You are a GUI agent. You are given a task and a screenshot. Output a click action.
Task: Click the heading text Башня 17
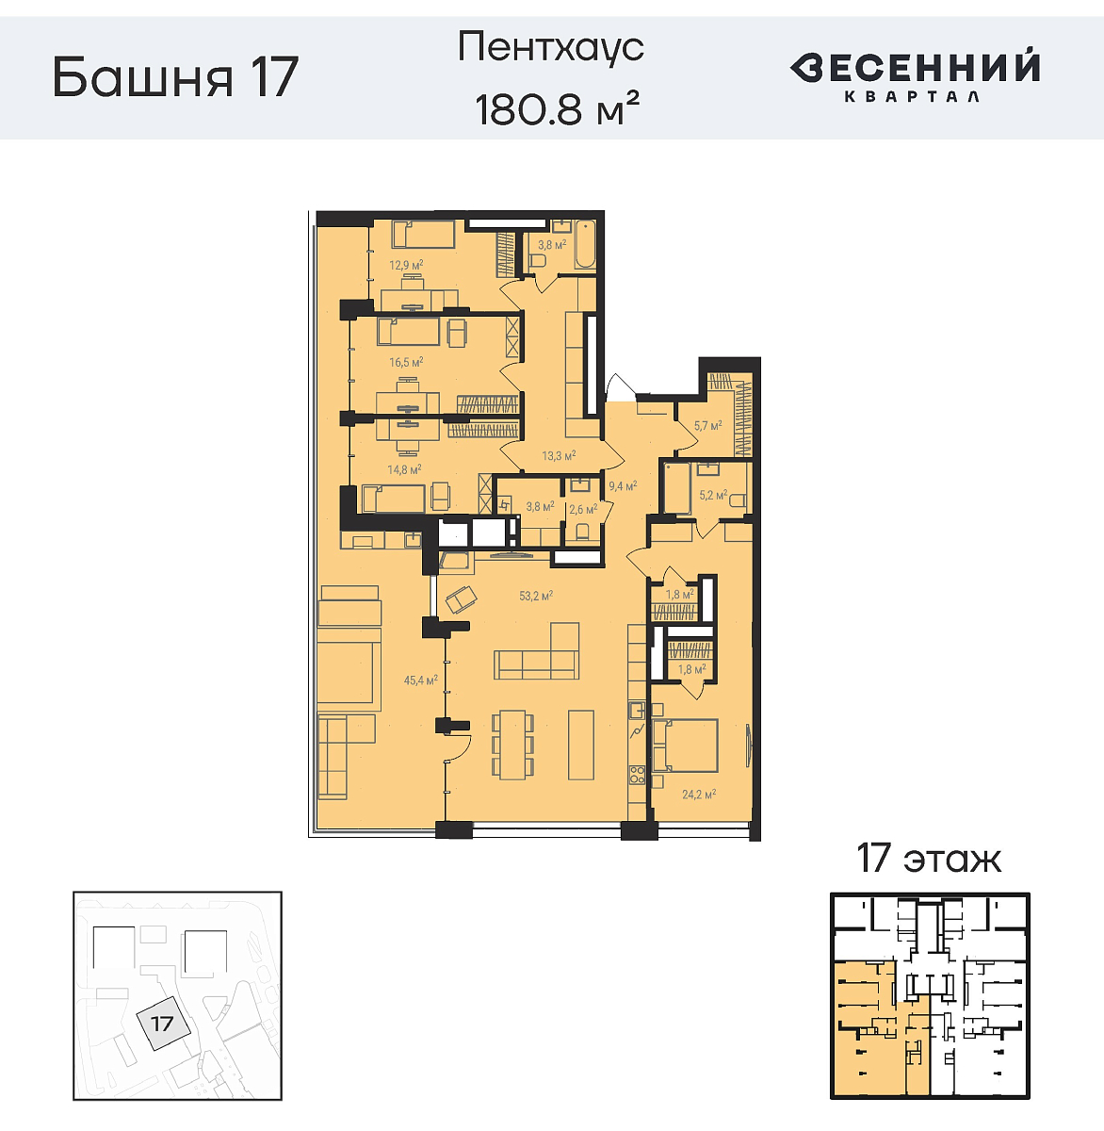click(x=175, y=77)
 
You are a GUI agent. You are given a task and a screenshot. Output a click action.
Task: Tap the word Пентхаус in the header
click(x=551, y=47)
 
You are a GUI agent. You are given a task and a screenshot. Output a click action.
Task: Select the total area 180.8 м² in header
click(x=558, y=109)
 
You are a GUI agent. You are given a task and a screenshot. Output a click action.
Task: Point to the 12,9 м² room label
click(x=406, y=266)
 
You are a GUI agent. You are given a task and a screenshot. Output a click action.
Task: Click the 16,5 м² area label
click(x=406, y=362)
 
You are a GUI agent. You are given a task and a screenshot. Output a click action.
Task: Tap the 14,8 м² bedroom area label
click(x=404, y=468)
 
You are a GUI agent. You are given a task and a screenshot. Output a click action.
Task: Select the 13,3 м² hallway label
click(x=559, y=456)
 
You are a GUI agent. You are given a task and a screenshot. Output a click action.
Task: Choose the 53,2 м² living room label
click(x=535, y=596)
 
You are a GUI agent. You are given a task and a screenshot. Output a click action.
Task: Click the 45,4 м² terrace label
click(x=420, y=680)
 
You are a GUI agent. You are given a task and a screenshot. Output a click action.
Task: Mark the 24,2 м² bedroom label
click(x=699, y=795)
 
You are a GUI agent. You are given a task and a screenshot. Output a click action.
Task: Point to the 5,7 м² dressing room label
click(x=707, y=426)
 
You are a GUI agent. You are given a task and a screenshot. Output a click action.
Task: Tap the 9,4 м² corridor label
click(x=623, y=486)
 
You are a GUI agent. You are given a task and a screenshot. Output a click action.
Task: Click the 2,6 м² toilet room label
click(x=582, y=510)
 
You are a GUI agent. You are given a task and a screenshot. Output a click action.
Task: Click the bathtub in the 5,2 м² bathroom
click(x=677, y=487)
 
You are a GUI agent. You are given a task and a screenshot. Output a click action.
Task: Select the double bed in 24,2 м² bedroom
click(x=687, y=746)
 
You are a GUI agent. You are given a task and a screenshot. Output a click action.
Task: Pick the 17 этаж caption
click(x=928, y=859)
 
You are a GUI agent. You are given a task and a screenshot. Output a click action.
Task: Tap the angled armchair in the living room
click(x=462, y=598)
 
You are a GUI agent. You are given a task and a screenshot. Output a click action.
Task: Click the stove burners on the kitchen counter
click(x=637, y=776)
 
